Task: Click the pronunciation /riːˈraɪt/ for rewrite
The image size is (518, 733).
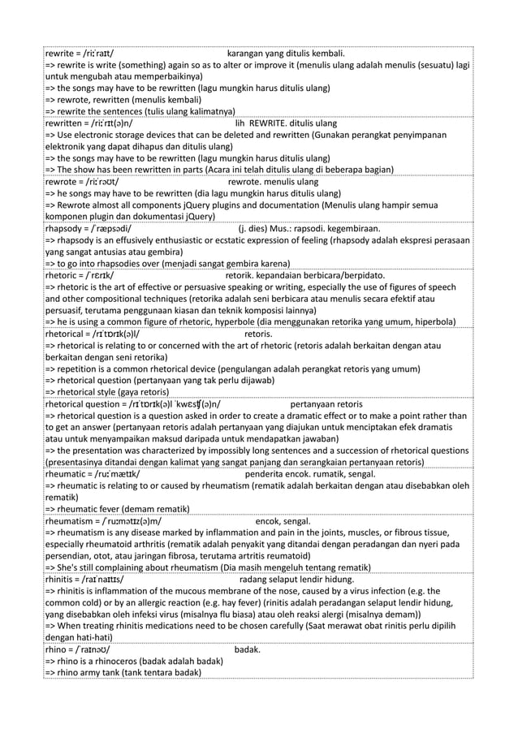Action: (x=95, y=53)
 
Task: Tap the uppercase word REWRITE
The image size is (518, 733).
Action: (x=270, y=123)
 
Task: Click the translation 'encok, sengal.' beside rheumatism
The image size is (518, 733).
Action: (x=283, y=520)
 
